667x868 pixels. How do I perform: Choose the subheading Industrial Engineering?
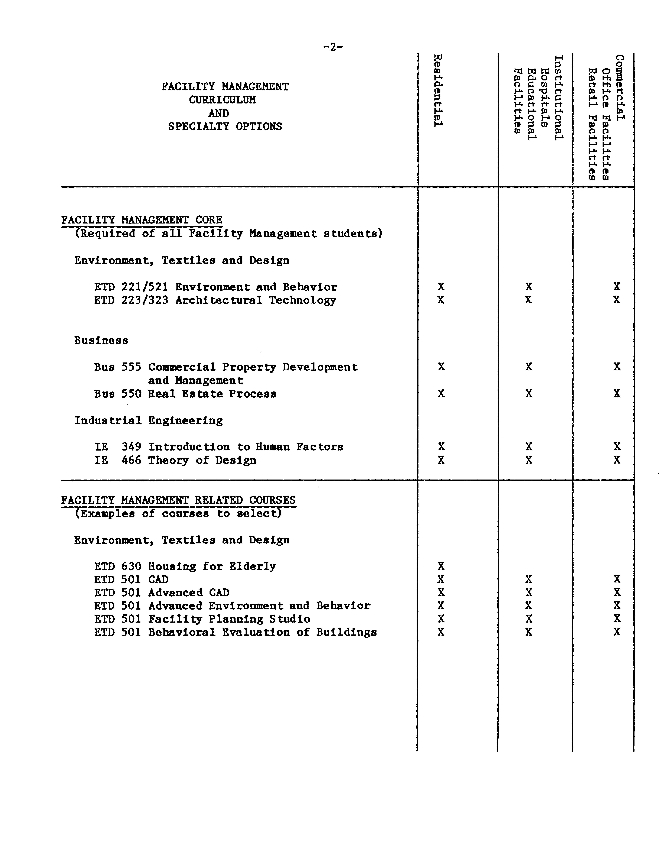click(x=148, y=420)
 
